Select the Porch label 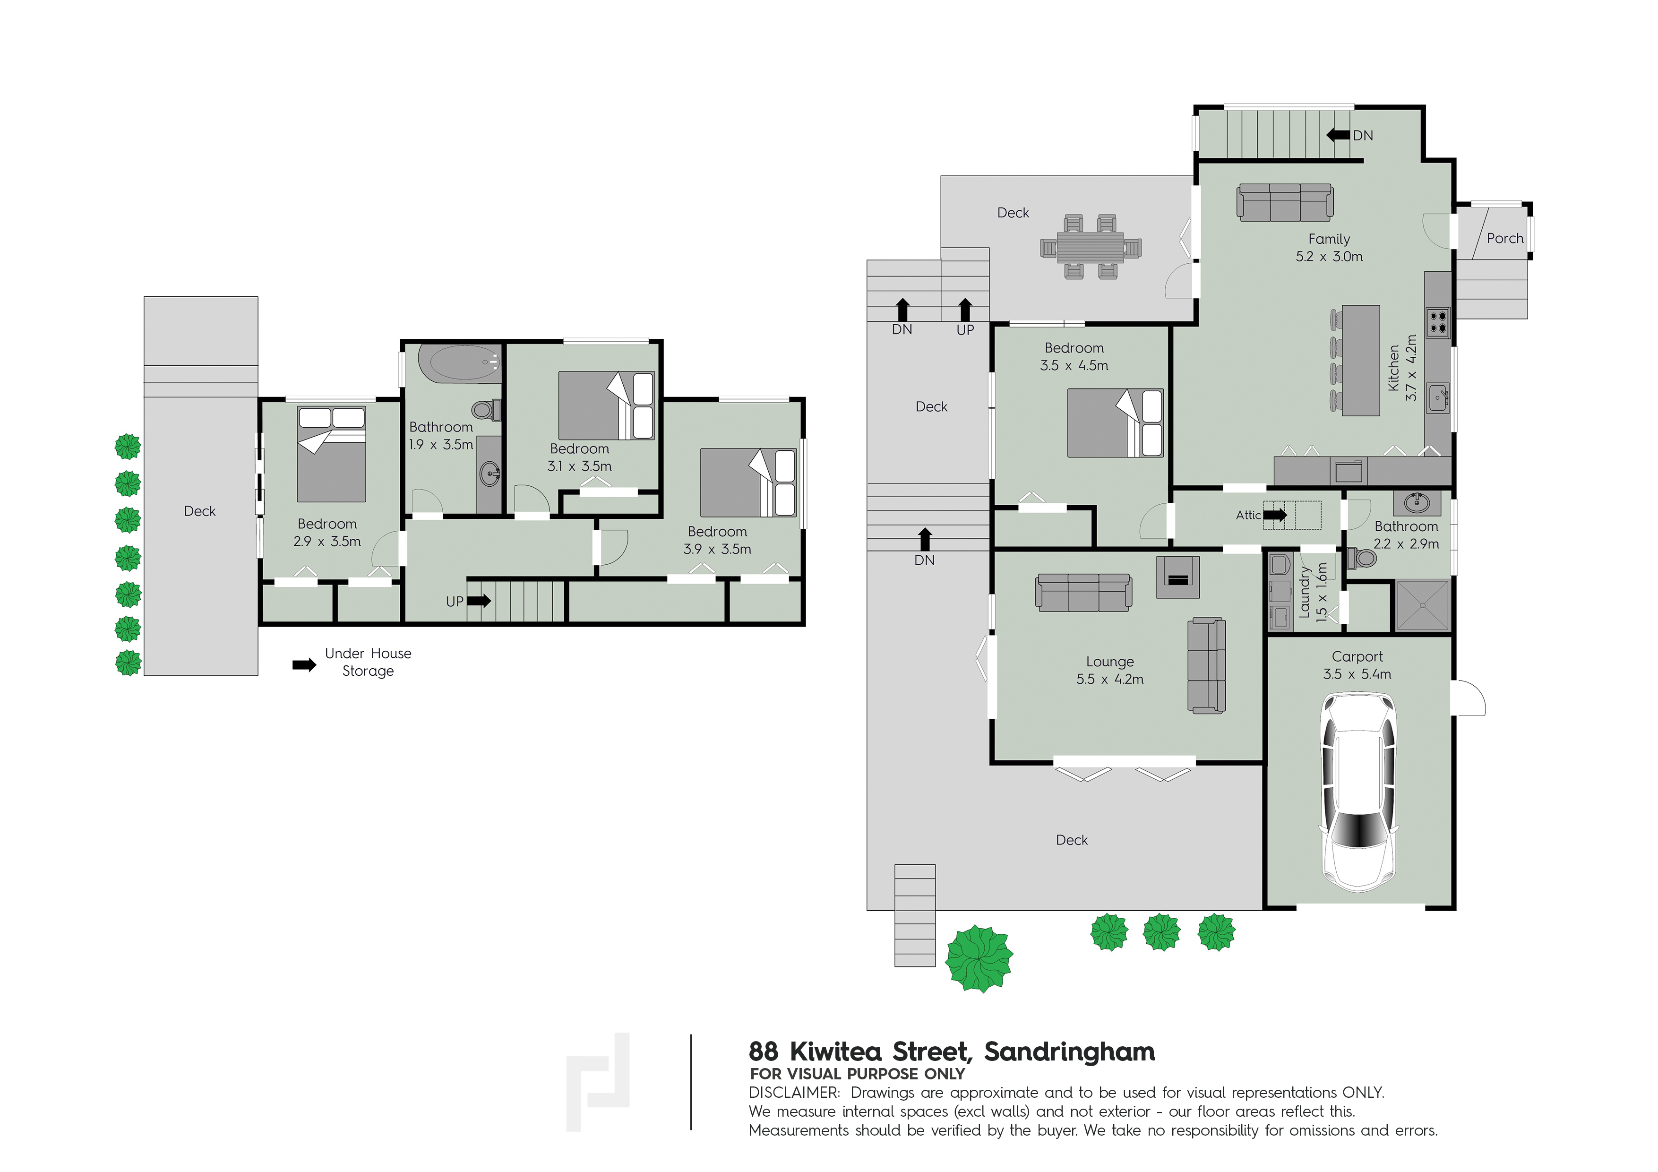click(1505, 238)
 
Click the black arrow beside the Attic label click(1274, 515)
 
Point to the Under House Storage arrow click(304, 665)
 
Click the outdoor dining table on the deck click(1091, 246)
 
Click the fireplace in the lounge click(1178, 577)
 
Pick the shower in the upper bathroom click(1423, 605)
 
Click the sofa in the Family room click(1285, 202)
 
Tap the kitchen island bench click(1360, 360)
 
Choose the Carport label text click(1357, 656)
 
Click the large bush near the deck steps click(979, 959)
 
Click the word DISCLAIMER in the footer click(794, 1093)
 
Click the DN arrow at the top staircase click(1338, 135)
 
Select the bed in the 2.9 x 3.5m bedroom click(331, 454)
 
